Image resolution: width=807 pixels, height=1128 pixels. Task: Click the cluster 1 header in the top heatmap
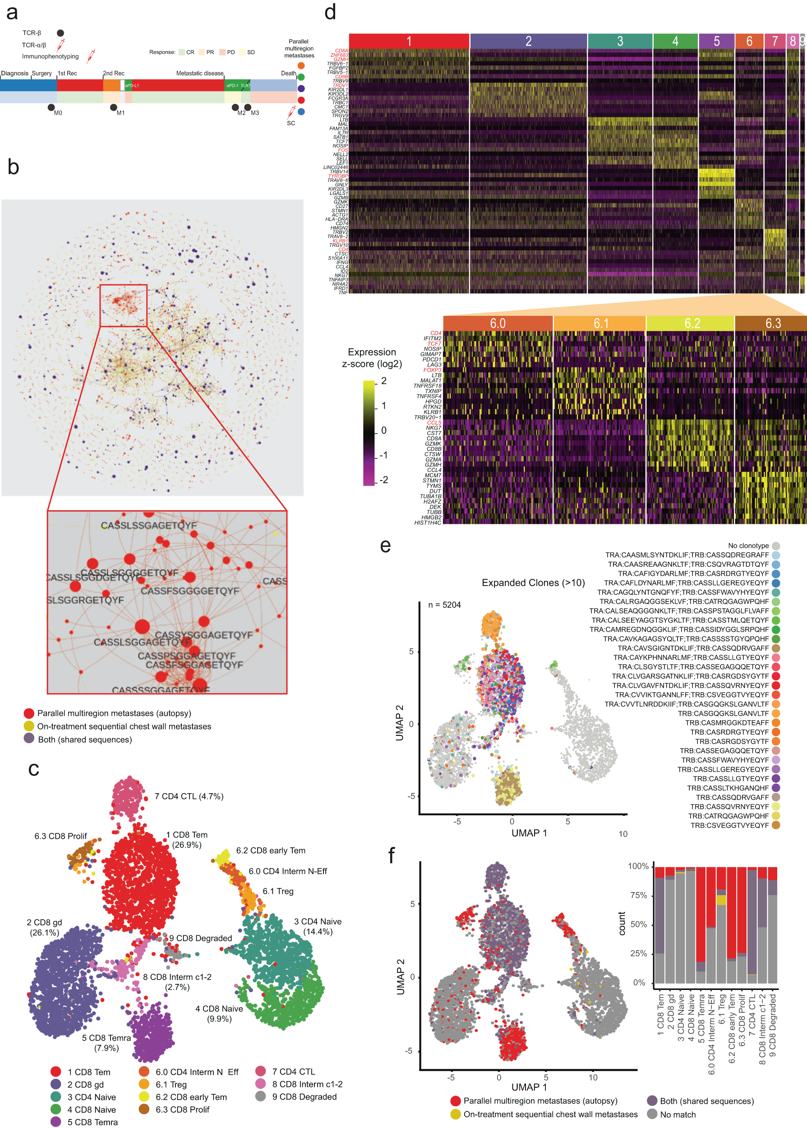point(409,41)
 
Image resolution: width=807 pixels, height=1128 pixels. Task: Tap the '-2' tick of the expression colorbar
point(383,480)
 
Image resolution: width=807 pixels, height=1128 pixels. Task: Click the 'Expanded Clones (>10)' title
point(533,583)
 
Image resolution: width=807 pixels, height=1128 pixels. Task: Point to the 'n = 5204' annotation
point(444,605)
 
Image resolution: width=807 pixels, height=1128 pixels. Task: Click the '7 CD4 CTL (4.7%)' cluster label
point(189,796)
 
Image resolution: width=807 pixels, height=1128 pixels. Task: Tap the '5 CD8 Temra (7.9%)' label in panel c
point(106,1043)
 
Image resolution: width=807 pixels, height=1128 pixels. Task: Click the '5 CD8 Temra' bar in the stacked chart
point(701,925)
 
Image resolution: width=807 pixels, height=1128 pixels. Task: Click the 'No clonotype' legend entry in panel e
point(748,546)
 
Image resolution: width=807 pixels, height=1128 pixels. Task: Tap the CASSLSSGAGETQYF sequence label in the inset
point(148,526)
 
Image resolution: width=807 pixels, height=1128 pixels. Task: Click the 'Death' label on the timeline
point(288,73)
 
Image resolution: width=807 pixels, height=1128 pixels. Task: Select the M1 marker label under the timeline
point(121,113)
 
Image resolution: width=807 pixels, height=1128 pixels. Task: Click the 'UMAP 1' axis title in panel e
point(529,833)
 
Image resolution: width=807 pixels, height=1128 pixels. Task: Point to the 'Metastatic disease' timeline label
point(200,73)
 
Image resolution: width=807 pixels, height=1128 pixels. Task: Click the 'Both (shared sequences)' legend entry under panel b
point(84,740)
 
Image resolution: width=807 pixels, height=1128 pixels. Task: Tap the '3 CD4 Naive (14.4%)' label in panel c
point(318,926)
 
